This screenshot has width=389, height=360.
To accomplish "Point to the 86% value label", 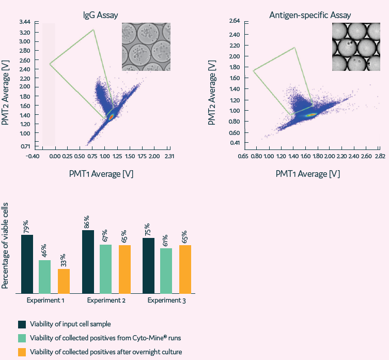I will (x=87, y=222).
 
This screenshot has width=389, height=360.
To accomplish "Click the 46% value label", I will (x=45, y=250).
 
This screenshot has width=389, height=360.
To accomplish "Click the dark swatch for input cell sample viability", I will (x=22, y=324).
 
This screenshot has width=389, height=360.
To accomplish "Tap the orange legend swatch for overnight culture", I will (x=22, y=352).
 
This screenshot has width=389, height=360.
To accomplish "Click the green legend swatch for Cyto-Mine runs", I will (x=22, y=338).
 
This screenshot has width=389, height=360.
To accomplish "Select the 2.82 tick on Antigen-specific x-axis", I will (x=380, y=155).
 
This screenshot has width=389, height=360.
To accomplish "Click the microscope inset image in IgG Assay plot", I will (x=146, y=47).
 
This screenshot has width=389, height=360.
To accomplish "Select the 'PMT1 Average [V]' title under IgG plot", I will (x=101, y=174).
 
